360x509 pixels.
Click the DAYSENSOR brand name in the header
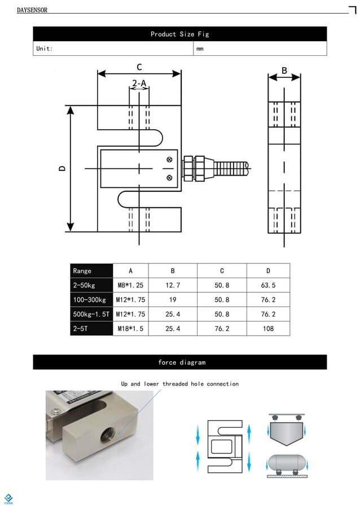tap(32, 10)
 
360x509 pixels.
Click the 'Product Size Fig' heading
tap(179, 34)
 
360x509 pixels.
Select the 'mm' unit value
tap(200, 49)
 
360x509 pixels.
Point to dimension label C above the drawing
tap(139, 67)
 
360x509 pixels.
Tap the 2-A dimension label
tap(139, 84)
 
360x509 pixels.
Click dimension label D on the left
tap(63, 168)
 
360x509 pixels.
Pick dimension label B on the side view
tap(284, 71)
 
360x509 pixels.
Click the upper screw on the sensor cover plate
tap(169, 160)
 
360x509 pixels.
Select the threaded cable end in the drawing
tap(231, 168)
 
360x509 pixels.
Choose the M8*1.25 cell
tap(130, 286)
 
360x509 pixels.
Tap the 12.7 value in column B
tap(173, 286)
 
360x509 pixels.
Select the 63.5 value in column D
tap(268, 286)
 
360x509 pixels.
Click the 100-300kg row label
tap(90, 300)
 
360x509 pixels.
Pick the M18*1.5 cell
tap(130, 328)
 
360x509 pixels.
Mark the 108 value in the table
tap(268, 328)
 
